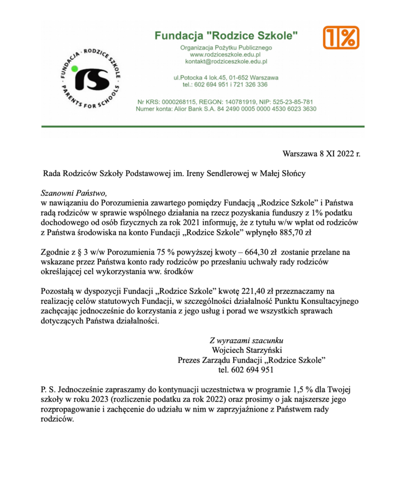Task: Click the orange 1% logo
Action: click(x=341, y=38)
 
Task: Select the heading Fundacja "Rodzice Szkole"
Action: click(x=226, y=35)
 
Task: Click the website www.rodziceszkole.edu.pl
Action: click(x=226, y=55)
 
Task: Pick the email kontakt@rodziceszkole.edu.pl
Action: click(x=226, y=62)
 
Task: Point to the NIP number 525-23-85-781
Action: click(x=289, y=102)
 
